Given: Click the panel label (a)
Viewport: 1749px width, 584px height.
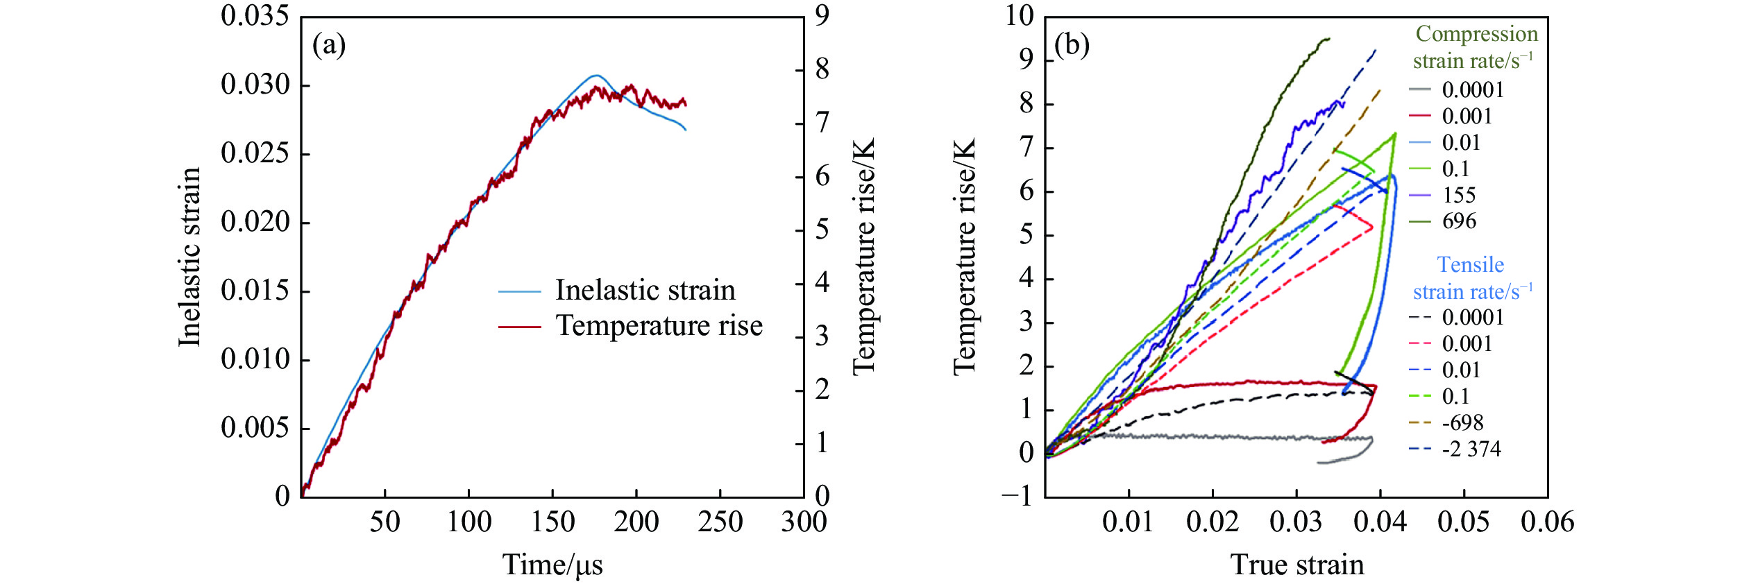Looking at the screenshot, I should pyautogui.click(x=329, y=46).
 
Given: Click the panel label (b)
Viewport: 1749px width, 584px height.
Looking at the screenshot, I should pyautogui.click(x=1072, y=46).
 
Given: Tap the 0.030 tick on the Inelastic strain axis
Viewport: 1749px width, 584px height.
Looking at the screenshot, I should pyautogui.click(x=255, y=85).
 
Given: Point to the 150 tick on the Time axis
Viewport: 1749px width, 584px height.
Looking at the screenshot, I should pyautogui.click(x=552, y=522).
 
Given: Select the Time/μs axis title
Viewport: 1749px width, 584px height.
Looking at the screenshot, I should pyautogui.click(x=552, y=565).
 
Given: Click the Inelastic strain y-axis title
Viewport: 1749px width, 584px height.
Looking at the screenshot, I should pyautogui.click(x=189, y=257).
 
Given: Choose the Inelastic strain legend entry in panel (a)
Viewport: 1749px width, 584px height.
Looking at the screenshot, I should pyautogui.click(x=645, y=291).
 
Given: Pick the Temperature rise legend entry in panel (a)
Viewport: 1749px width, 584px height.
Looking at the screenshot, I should pyautogui.click(x=659, y=326).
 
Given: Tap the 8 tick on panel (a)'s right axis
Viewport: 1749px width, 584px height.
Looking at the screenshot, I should pyautogui.click(x=822, y=69).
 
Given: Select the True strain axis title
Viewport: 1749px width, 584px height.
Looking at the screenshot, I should pyautogui.click(x=1297, y=565).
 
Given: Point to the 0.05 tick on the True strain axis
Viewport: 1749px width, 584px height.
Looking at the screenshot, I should pyautogui.click(x=1464, y=522).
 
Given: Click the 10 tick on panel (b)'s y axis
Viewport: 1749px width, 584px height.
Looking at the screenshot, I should pyautogui.click(x=1020, y=15).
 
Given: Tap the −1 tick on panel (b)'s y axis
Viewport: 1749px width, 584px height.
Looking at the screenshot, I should pyautogui.click(x=1017, y=496).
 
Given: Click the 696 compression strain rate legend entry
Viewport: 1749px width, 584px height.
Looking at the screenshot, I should pyautogui.click(x=1459, y=221).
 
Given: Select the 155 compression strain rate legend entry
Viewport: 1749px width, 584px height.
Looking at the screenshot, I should pyautogui.click(x=1459, y=195).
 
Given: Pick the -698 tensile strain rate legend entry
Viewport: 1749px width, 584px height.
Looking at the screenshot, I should pyautogui.click(x=1462, y=423).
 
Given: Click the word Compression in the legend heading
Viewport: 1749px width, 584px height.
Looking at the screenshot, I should pyautogui.click(x=1476, y=34).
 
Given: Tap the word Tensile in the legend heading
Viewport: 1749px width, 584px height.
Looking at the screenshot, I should pyautogui.click(x=1470, y=265).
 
